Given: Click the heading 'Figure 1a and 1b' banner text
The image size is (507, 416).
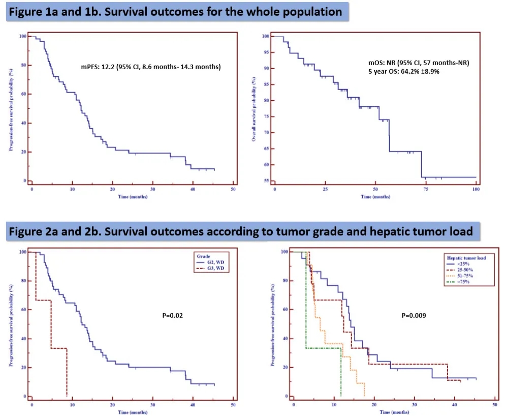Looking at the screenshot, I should coord(175,12).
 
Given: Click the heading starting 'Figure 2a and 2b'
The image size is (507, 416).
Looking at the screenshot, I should coord(241,231).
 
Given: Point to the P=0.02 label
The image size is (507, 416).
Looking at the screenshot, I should coord(172,316).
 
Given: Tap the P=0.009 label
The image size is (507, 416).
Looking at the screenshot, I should coord(414,315).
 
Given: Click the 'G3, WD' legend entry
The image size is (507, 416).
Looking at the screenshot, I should coord(214,269).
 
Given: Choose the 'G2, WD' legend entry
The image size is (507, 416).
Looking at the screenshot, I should coord(214,263).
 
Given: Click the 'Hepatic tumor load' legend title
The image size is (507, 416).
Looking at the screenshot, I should coord(464,258).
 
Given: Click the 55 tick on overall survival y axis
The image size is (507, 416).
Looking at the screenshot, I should coord(266,181).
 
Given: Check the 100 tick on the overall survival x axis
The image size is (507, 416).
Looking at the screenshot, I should coord(475,189).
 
